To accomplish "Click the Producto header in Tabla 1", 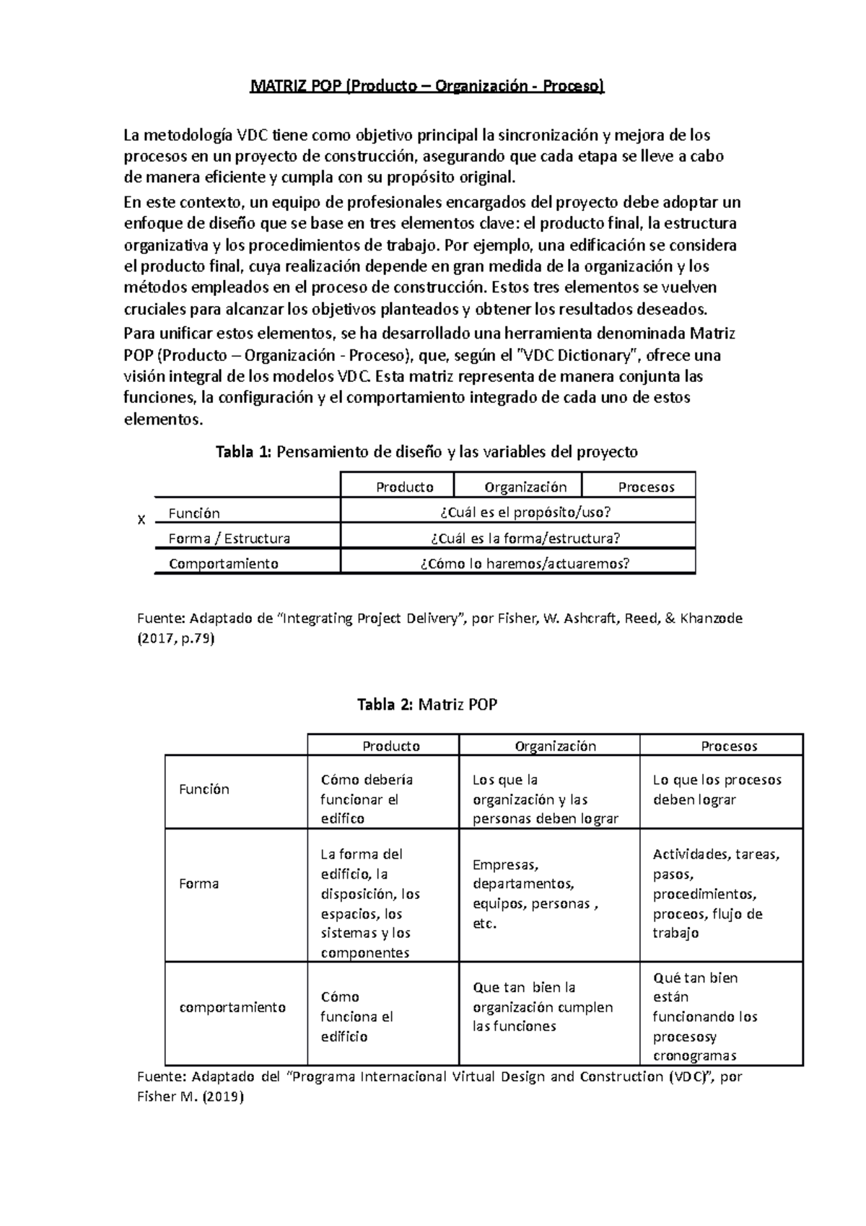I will [x=404, y=487].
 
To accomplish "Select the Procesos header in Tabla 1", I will [x=646, y=487].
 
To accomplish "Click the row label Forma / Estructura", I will [x=229, y=538].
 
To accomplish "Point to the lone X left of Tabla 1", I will [x=141, y=520].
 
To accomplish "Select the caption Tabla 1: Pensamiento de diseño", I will [x=427, y=452].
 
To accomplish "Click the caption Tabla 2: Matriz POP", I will [x=427, y=705].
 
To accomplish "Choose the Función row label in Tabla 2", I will [x=204, y=789].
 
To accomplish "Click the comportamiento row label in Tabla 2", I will [x=232, y=1007].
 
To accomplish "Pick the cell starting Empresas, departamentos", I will [x=535, y=894].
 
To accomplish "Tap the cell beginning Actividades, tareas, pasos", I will [x=716, y=894].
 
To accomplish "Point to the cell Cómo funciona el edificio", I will [x=357, y=1017].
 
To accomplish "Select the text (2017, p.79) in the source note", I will [x=175, y=639].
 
